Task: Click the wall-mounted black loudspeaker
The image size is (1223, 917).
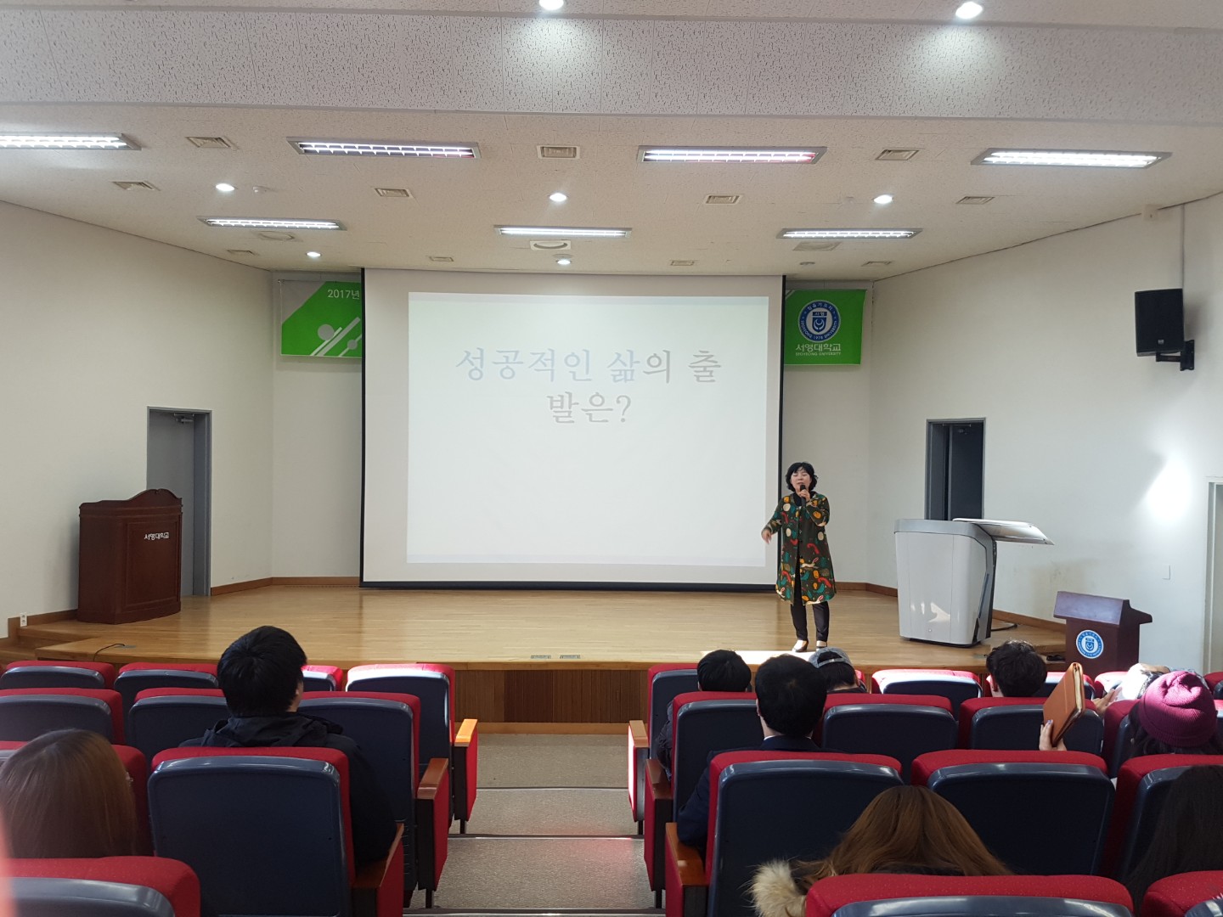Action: (1158, 323)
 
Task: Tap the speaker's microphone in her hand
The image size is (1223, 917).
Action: (800, 493)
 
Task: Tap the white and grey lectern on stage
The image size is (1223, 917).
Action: (945, 582)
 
